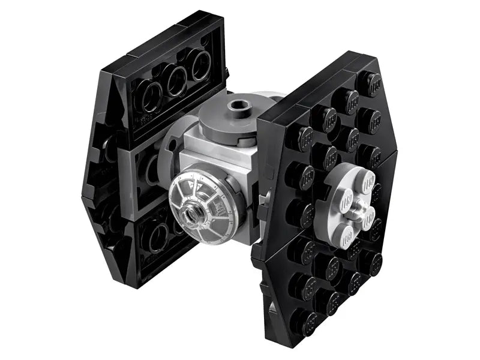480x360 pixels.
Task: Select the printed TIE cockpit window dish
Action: coord(204,204)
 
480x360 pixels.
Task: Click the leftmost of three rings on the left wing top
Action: coord(147,94)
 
